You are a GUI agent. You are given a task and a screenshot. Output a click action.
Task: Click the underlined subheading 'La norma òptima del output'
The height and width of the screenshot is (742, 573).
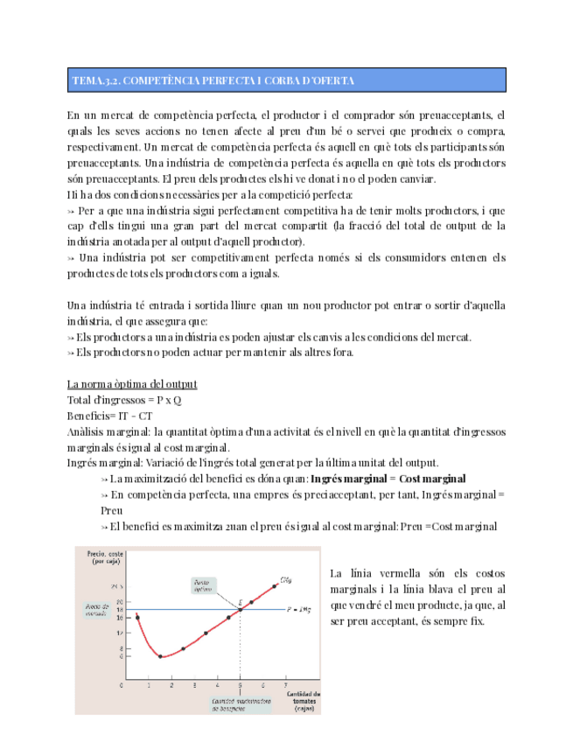132,384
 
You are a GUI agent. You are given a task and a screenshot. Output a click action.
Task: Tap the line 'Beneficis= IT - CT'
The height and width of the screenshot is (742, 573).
109,416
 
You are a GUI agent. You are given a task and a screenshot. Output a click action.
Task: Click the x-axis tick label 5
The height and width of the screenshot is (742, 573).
240,684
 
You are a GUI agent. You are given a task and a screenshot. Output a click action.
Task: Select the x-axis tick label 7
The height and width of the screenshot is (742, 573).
285,684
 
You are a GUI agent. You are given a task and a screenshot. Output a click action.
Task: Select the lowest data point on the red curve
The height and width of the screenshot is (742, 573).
160,656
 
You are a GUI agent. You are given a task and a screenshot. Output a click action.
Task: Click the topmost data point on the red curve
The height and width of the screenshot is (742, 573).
275,585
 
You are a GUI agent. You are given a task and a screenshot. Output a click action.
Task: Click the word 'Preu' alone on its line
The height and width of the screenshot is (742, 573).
111,510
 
